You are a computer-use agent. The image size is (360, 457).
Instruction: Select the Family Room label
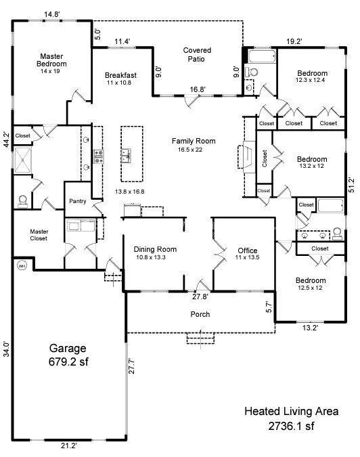point(193,145)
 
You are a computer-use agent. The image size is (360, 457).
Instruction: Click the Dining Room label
point(150,253)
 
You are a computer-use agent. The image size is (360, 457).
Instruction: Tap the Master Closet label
point(39,235)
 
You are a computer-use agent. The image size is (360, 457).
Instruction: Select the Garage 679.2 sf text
point(68,354)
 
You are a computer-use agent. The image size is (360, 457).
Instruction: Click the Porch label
point(200,314)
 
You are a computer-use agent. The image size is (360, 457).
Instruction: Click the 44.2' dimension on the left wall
point(6,139)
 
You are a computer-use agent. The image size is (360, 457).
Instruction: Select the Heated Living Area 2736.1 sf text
point(291,418)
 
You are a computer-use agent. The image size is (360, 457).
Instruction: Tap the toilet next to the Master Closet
point(24,200)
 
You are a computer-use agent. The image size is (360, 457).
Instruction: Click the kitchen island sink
point(127,158)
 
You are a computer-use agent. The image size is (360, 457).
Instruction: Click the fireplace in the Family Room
point(246,156)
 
